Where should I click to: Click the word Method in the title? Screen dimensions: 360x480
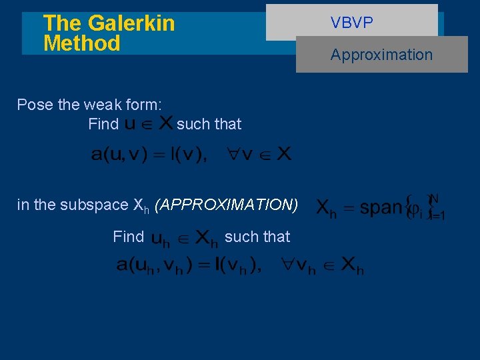[81, 44]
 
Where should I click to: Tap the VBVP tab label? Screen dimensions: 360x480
[351, 23]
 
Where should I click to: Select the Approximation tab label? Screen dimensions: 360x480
[381, 55]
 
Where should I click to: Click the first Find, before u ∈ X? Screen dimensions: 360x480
[103, 124]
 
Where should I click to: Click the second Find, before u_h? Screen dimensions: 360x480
[128, 237]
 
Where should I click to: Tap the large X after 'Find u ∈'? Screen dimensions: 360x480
[166, 123]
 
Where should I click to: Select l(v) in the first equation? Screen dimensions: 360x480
[189, 155]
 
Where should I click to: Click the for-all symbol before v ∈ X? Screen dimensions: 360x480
[231, 155]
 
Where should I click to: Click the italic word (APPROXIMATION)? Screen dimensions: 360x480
[226, 205]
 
